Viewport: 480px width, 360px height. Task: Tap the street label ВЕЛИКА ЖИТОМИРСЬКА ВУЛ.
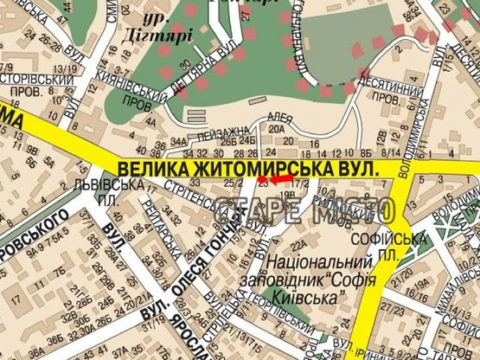pyautogui.click(x=249, y=165)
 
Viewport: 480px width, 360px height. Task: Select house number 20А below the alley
pyautogui.click(x=276, y=131)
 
